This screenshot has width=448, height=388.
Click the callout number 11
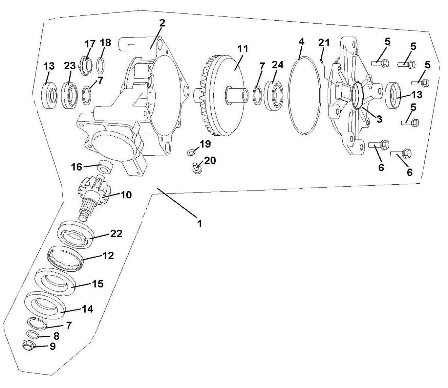point(243,49)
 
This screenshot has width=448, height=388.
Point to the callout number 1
point(199,224)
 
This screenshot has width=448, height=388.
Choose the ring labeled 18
point(101,65)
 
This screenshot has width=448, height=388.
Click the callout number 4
point(301,42)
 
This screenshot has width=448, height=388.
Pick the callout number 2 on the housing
point(162,23)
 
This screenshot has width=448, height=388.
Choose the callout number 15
point(98,283)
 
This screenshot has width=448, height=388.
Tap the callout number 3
point(379,119)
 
